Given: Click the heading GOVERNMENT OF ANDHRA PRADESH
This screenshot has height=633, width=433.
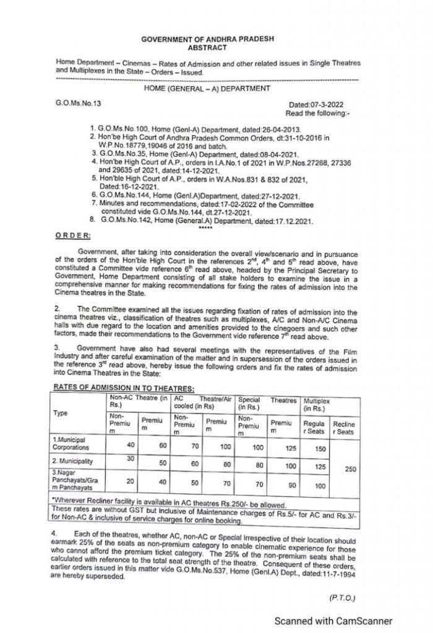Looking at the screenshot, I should coord(207,39).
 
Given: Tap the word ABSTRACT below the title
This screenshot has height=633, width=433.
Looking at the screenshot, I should coord(207,48).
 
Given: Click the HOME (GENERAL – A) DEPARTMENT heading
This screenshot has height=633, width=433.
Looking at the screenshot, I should coord(207,88).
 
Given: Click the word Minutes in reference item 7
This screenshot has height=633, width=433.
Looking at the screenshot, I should coord(111,204).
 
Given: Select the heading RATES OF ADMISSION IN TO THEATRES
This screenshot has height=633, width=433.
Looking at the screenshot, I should coord(124,388).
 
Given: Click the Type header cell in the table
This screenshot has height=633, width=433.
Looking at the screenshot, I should coord(61,413).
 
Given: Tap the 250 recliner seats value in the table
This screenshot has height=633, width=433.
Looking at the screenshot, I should coord(350,469).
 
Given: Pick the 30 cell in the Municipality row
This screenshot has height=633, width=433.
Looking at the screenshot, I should coord(129,458).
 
